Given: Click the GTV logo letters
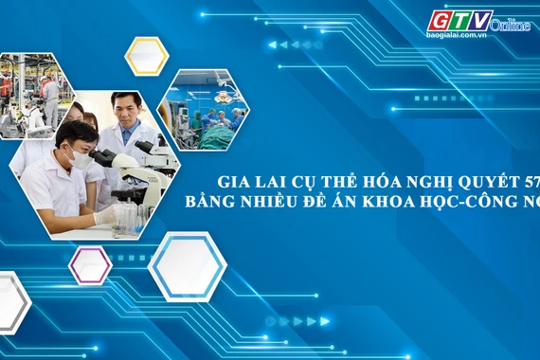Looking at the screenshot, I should tap(460, 20).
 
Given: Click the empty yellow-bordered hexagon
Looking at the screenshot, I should tap(146, 56).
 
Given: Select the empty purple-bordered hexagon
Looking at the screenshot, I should tap(90, 264).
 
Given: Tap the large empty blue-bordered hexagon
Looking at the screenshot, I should tap(187, 266).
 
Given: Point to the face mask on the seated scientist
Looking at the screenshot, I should tap(81, 159).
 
